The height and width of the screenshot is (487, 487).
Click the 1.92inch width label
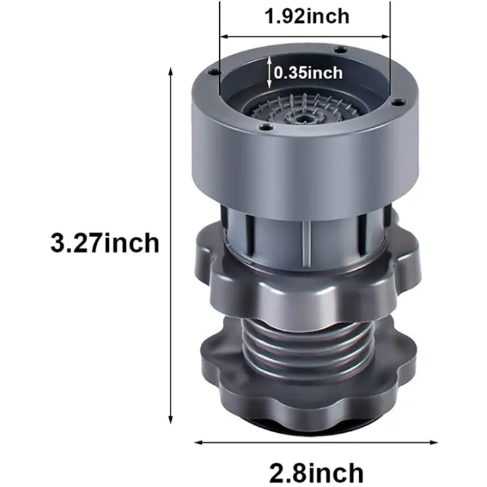pos(306,16)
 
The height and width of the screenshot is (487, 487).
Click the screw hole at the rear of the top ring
pos(341,50)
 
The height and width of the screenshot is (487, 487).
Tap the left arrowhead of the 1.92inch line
pos(222,37)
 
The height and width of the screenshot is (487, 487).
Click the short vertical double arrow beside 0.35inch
pos(270,72)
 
